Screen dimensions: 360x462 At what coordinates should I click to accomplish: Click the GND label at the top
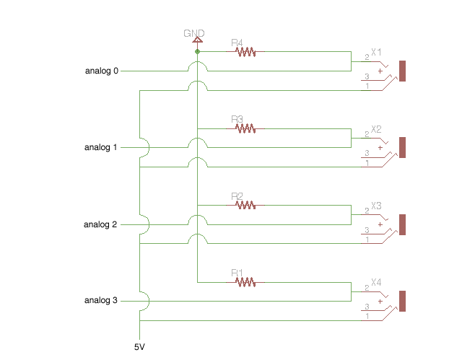[194, 33]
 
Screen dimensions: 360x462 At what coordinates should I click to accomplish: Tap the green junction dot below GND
[197, 52]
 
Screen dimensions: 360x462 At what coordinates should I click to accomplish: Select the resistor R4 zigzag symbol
[245, 52]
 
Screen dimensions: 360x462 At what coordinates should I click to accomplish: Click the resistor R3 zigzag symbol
[245, 128]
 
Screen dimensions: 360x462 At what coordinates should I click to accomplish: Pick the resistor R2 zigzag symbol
[245, 205]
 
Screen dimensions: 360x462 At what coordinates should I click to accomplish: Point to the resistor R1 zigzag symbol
[245, 282]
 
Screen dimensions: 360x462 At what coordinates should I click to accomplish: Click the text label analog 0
[102, 71]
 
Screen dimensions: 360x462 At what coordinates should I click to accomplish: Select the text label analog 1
[101, 148]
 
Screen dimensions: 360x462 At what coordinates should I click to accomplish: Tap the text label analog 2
[101, 224]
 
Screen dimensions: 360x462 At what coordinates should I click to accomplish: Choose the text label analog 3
[101, 301]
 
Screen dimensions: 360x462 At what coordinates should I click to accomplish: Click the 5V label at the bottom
[139, 347]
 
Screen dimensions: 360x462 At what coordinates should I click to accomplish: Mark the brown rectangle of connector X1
[403, 71]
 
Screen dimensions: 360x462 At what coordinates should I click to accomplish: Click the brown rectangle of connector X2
[403, 148]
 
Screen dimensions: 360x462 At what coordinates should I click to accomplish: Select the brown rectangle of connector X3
[403, 224]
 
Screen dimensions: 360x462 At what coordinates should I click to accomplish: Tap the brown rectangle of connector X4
[403, 302]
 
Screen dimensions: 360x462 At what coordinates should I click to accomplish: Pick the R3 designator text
[237, 119]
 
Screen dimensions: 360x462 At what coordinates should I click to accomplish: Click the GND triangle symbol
[197, 40]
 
